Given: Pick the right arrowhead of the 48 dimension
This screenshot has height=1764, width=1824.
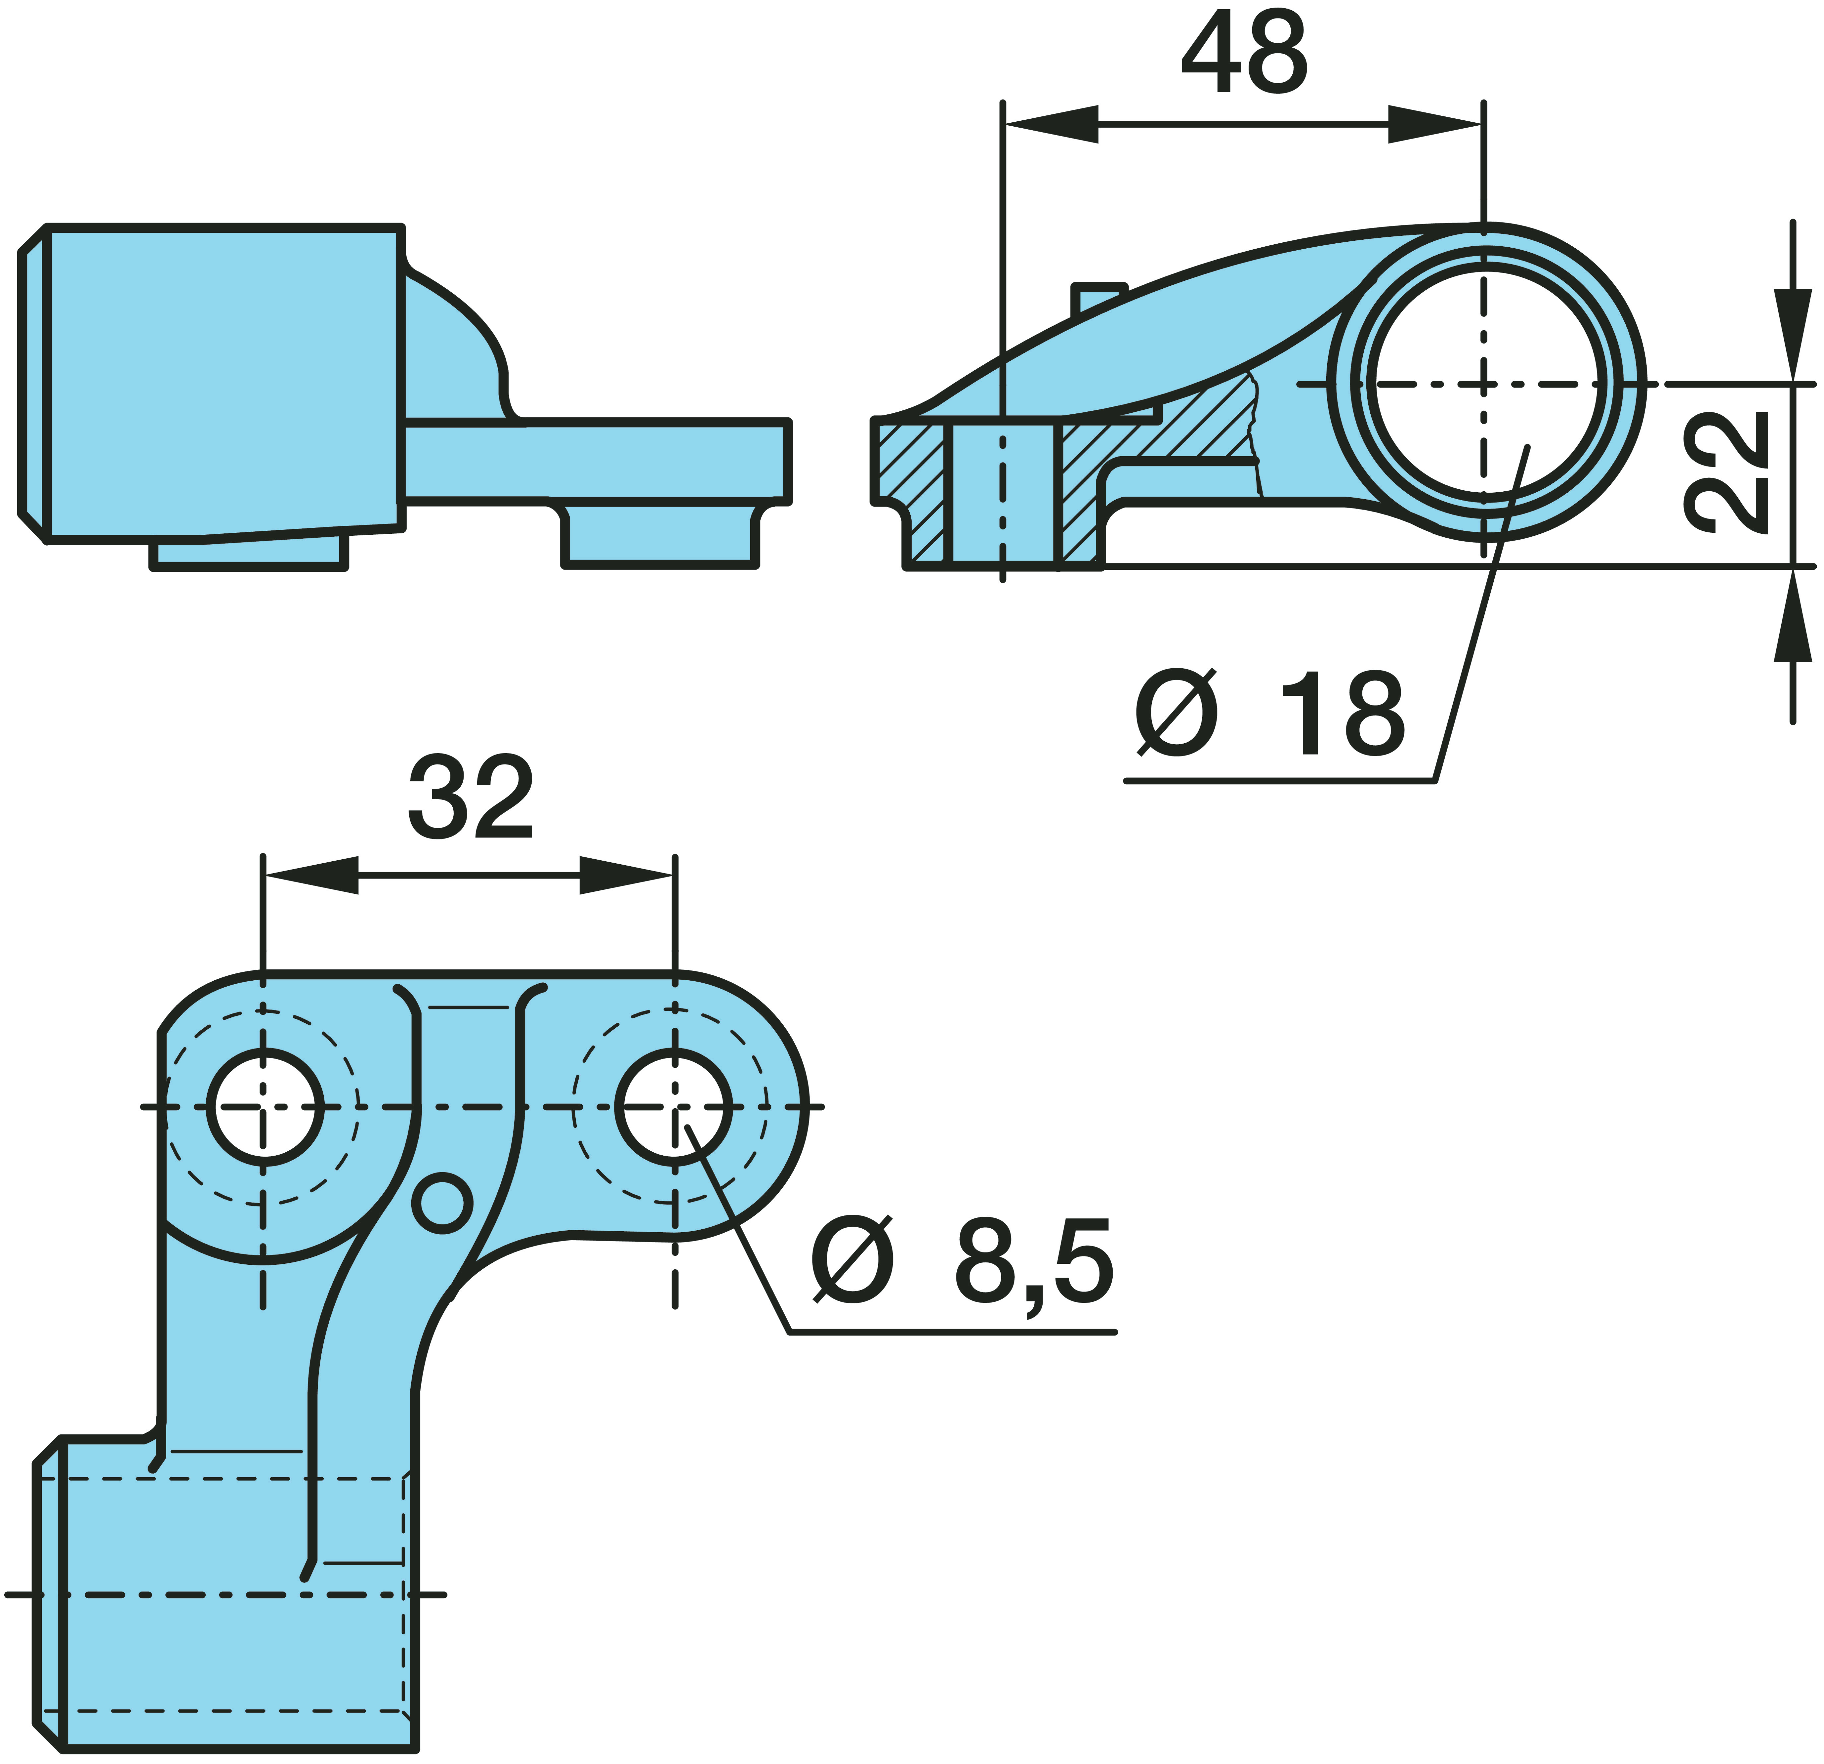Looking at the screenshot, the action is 1434,124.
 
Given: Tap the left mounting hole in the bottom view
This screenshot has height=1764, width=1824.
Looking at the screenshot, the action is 265,1107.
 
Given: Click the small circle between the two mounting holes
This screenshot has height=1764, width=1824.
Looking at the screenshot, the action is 442,1204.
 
